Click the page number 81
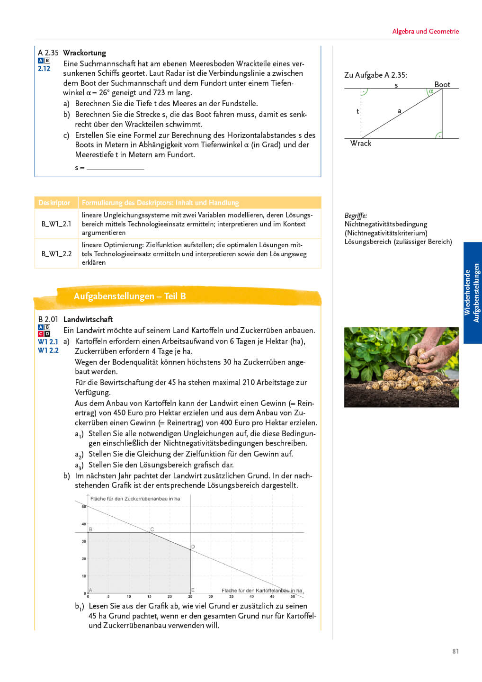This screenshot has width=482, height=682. [x=455, y=651]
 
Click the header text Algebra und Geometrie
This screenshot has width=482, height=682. [x=425, y=31]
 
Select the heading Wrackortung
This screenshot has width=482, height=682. [x=84, y=53]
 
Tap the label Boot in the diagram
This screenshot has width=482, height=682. [x=442, y=84]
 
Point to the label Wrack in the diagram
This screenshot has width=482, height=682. [x=361, y=143]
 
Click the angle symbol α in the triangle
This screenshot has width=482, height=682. [x=431, y=91]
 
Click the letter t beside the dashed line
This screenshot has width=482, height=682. [x=357, y=111]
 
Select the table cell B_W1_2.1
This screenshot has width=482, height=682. [x=56, y=224]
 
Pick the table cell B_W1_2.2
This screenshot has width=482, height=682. [x=56, y=253]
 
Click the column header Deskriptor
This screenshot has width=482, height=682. [x=54, y=203]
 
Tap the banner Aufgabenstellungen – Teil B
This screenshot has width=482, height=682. [x=130, y=296]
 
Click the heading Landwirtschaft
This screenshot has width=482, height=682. [x=88, y=319]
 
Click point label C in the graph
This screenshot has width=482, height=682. [x=152, y=529]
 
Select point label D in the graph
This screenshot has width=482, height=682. [x=193, y=547]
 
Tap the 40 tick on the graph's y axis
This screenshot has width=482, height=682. [x=84, y=524]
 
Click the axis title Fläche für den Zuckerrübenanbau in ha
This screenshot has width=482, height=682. [x=135, y=499]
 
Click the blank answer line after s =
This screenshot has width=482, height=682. [x=115, y=168]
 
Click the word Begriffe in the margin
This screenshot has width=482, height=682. [x=356, y=215]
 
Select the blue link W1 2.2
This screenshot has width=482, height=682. [x=48, y=350]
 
